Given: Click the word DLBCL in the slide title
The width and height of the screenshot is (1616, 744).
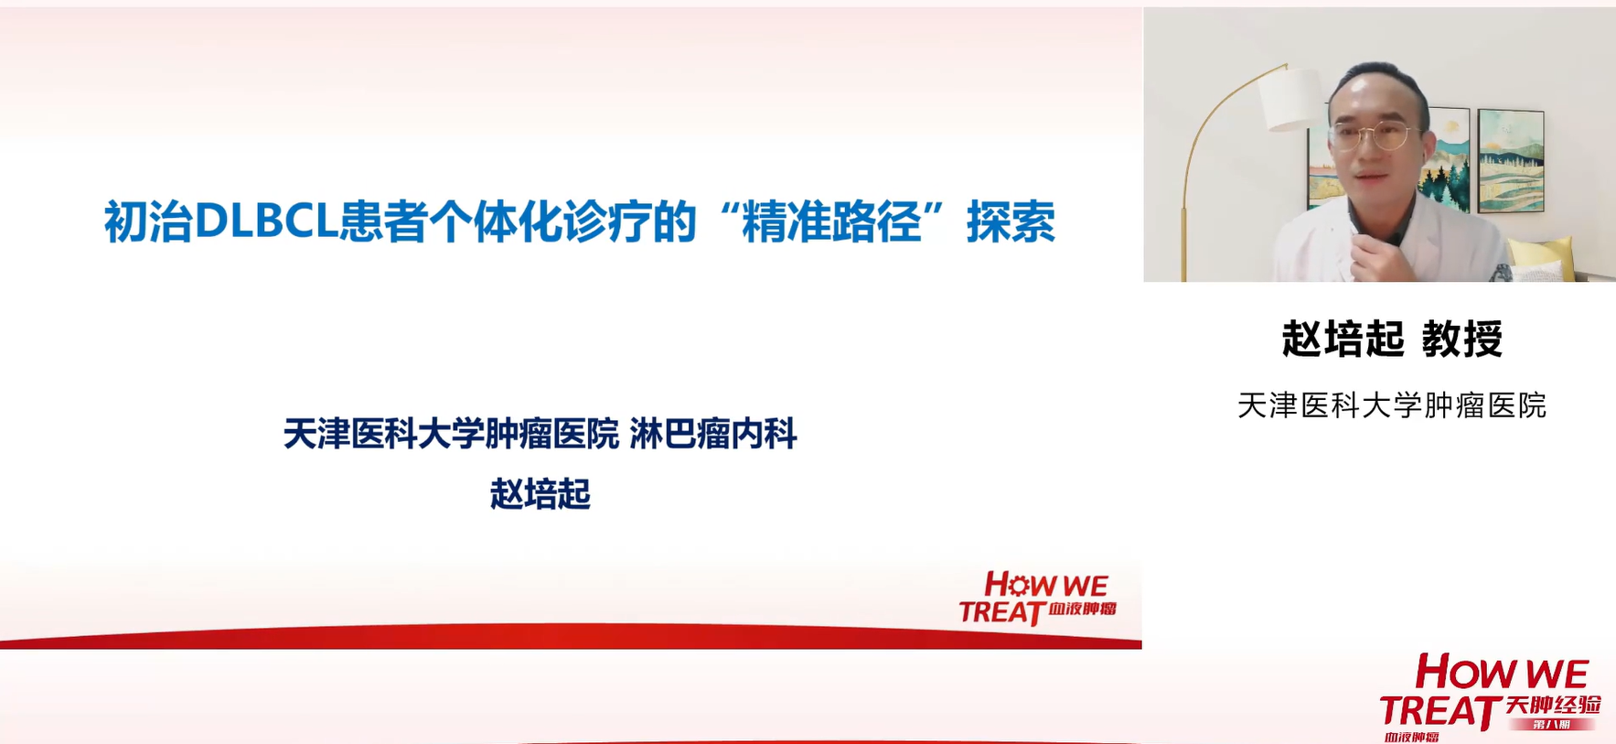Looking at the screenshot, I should click(266, 222).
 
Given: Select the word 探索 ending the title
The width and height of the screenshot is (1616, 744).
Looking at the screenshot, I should click(1011, 222).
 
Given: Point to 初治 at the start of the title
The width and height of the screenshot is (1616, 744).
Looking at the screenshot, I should click(147, 222).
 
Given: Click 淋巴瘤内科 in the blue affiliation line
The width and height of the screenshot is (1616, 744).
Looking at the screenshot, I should click(713, 434).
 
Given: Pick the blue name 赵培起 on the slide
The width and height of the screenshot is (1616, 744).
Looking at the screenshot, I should click(540, 494).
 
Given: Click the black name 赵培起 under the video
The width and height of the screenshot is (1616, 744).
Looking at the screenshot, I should click(1343, 339).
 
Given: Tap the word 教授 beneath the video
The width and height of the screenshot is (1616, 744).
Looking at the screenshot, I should click(1461, 339).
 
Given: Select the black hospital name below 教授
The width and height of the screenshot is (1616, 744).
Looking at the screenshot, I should click(1391, 405).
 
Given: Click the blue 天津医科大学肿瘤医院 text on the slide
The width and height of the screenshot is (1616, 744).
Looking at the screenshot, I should click(451, 434).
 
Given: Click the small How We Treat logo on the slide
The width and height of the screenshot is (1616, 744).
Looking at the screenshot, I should click(1036, 598).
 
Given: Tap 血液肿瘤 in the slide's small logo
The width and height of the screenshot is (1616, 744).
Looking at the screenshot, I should click(1082, 609).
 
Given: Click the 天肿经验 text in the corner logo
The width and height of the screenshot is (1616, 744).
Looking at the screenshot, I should click(1553, 705).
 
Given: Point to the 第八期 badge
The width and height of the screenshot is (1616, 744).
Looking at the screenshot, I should click(1553, 725).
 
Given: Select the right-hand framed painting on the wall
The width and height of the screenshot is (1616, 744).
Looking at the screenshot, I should click(1511, 160).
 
